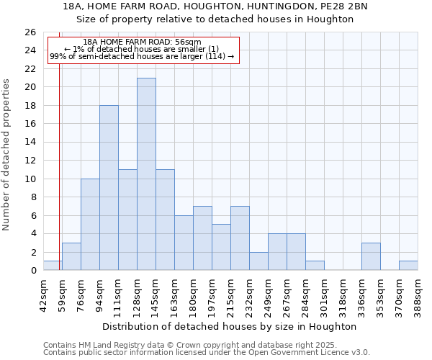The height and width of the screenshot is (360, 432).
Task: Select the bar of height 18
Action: click(x=109, y=188)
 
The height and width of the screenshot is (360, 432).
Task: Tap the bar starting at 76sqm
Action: click(x=90, y=225)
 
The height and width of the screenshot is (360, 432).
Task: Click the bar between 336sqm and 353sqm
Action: click(x=371, y=257)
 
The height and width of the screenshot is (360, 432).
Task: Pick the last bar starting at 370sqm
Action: click(x=408, y=266)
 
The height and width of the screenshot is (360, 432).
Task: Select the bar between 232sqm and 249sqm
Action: click(x=258, y=261)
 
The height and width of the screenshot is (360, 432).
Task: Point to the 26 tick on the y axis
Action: click(x=30, y=32)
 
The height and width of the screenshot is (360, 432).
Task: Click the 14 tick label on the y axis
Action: click(x=30, y=143)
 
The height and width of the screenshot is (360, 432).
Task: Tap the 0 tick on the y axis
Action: click(x=33, y=271)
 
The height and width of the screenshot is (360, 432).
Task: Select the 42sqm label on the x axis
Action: click(x=43, y=294)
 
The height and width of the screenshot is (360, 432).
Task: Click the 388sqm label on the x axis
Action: click(x=418, y=294)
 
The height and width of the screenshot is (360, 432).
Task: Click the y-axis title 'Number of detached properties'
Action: click(x=6, y=155)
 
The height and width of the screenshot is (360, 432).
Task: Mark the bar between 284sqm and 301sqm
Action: click(x=315, y=266)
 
